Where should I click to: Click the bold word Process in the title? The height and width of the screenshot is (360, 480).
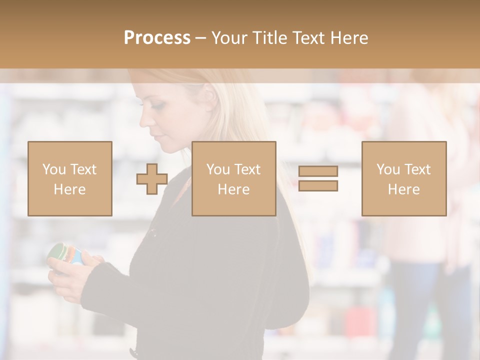(157, 37)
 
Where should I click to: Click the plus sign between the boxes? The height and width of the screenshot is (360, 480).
(152, 178)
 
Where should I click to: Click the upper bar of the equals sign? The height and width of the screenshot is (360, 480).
(318, 171)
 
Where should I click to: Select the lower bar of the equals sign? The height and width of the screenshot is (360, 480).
(318, 186)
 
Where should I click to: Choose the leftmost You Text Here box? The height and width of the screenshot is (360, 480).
(70, 178)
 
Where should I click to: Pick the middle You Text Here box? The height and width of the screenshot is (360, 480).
(233, 178)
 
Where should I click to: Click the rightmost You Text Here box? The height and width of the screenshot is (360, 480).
(404, 178)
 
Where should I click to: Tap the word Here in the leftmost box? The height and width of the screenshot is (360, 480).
(70, 189)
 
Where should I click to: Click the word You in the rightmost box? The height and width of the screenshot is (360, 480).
(388, 169)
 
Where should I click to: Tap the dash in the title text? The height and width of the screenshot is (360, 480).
(201, 37)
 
